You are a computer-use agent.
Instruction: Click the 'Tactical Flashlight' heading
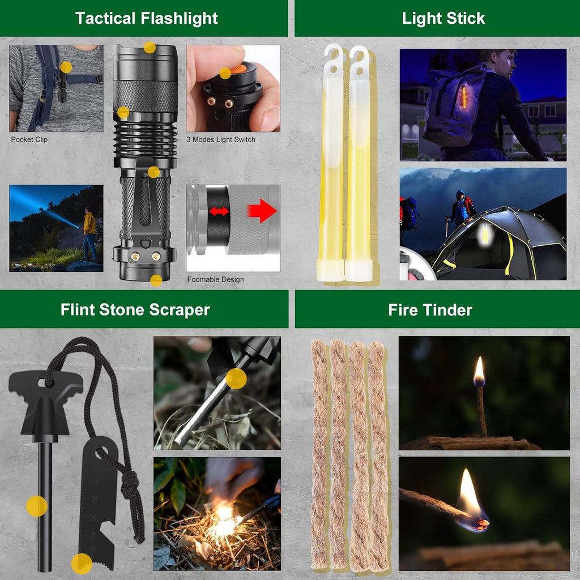(146, 18)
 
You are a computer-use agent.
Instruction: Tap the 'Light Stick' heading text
(443, 18)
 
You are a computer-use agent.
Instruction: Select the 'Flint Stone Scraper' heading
(135, 310)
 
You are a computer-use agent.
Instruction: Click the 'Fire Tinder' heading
(430, 310)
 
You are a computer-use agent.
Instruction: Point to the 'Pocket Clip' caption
(29, 139)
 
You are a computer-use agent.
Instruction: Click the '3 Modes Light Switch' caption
(221, 139)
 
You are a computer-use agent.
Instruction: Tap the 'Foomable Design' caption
(216, 279)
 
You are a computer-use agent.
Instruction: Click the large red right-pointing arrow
(262, 211)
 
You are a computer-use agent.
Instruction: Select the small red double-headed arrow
(219, 211)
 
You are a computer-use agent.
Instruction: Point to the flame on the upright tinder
(479, 370)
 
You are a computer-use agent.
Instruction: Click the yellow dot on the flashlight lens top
(150, 48)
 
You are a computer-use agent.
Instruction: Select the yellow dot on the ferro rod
(37, 506)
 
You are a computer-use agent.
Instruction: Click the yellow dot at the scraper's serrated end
(82, 564)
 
